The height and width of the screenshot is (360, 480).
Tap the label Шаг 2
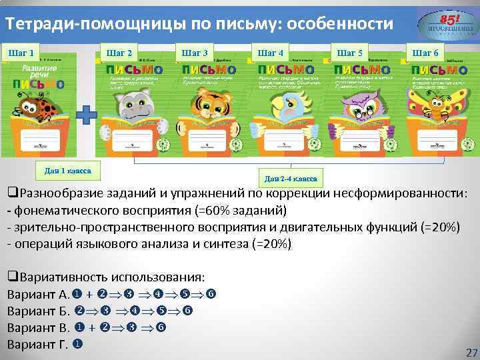119,53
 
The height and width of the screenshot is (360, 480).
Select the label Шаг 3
195,53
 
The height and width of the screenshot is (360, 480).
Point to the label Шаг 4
270,53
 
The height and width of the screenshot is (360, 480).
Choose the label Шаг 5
350,53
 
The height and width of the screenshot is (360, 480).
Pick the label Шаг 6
425,53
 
